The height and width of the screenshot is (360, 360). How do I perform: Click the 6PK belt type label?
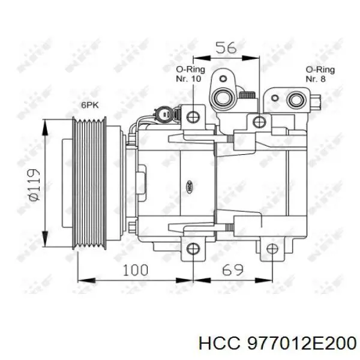[x=90, y=106]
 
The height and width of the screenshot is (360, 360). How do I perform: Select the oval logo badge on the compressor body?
[x=190, y=187]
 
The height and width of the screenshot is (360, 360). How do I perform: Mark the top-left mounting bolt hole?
[x=193, y=115]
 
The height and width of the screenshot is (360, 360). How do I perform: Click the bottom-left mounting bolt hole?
[x=193, y=250]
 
